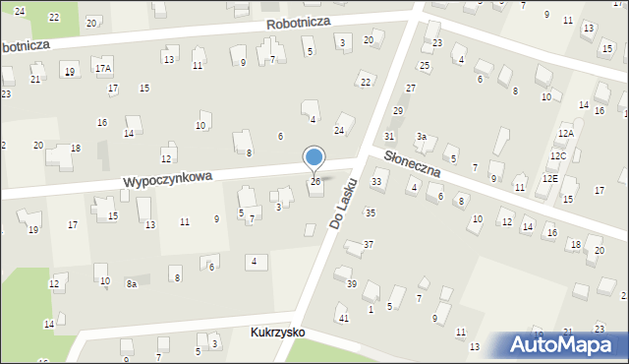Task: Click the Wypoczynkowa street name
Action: click(168, 181)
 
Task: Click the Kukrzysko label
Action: click(276, 333)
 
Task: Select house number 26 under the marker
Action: click(315, 182)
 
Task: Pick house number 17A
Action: click(103, 69)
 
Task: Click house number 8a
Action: click(132, 283)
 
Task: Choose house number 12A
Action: click(565, 133)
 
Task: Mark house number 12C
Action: click(558, 155)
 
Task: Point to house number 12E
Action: click(550, 179)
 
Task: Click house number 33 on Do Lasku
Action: click(376, 182)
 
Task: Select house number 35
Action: click(370, 212)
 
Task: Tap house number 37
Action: click(369, 244)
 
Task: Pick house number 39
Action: click(351, 283)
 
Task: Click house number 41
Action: click(343, 318)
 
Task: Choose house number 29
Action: click(398, 110)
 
